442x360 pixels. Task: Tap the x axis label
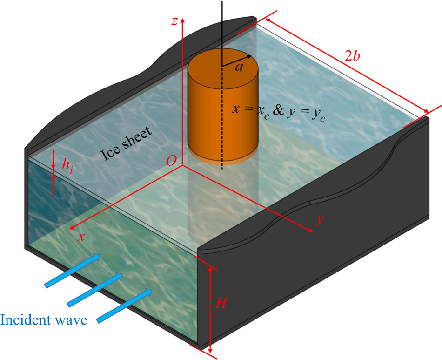[x=81, y=237]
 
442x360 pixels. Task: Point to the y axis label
[x=320, y=220]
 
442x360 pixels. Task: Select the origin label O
[x=171, y=161]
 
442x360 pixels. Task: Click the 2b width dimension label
[x=352, y=55]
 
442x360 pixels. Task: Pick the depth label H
[x=222, y=304]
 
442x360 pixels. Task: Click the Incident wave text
[x=44, y=321]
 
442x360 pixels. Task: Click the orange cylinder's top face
[x=223, y=63]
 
